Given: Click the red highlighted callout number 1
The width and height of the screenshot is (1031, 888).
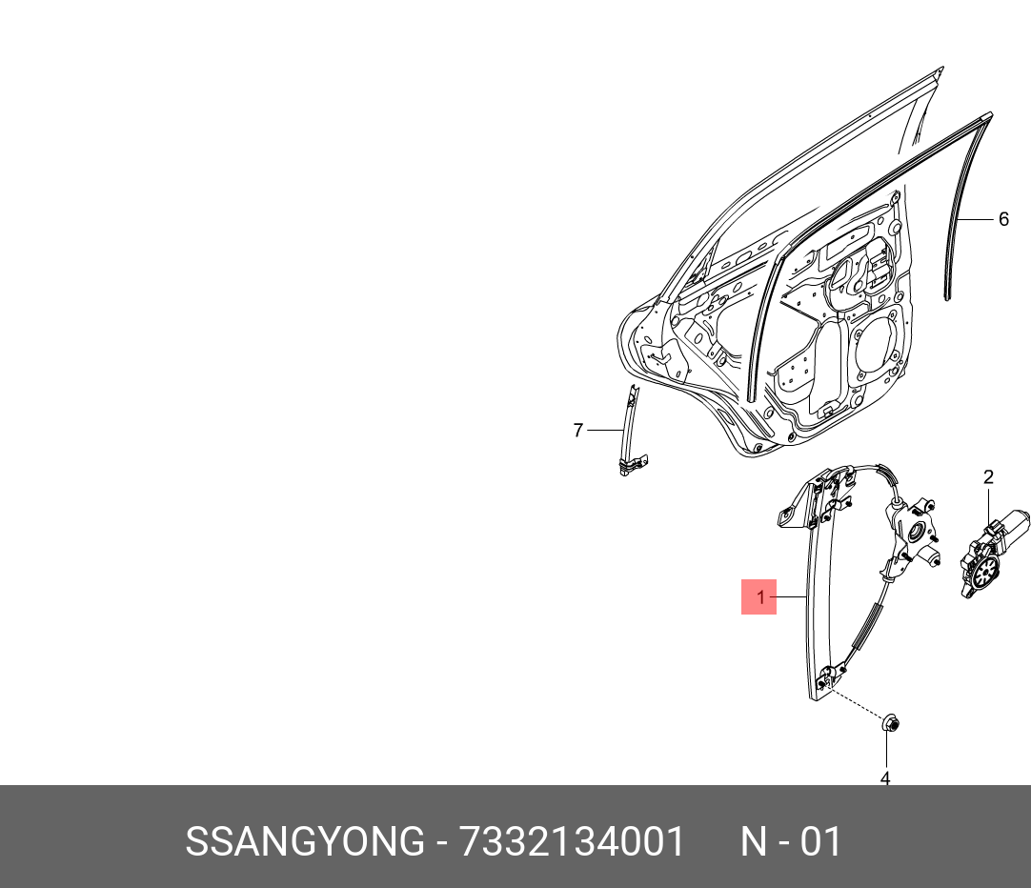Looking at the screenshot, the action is click(x=759, y=597).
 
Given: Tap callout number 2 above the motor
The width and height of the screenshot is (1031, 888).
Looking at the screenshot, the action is click(x=988, y=477).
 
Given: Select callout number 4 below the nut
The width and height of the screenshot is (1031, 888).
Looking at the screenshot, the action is click(x=885, y=778).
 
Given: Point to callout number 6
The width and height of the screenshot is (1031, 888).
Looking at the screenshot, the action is click(x=1003, y=219).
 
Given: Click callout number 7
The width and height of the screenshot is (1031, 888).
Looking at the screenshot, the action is click(x=577, y=431).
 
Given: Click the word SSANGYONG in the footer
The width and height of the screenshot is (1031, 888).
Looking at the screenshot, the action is click(x=304, y=842).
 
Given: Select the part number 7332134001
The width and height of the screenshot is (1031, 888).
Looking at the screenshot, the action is click(x=572, y=842).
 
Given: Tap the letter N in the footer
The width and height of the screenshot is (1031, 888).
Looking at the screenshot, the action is click(x=754, y=842).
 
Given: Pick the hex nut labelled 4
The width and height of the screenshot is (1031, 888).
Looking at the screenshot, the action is click(x=889, y=725).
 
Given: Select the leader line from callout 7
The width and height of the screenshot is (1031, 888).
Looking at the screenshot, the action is click(x=603, y=431).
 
